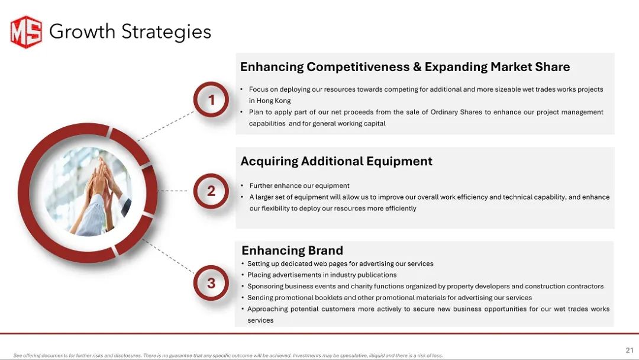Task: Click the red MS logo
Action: (x=26, y=32)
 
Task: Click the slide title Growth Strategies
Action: (x=130, y=32)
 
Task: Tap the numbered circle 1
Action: (x=211, y=99)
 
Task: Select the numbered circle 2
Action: (x=211, y=191)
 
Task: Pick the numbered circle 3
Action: (x=211, y=283)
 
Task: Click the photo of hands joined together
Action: (x=88, y=192)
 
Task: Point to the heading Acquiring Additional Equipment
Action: (x=336, y=162)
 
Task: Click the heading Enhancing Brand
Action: (x=292, y=250)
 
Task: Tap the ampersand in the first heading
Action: (x=417, y=67)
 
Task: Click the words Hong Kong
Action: (x=273, y=101)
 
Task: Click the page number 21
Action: (x=630, y=350)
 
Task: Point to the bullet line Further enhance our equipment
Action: (x=299, y=185)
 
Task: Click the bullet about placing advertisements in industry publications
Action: (x=322, y=275)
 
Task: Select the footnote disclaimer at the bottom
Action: (x=228, y=355)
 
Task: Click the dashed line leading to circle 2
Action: (x=173, y=191)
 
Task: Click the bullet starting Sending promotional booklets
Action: (x=389, y=298)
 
